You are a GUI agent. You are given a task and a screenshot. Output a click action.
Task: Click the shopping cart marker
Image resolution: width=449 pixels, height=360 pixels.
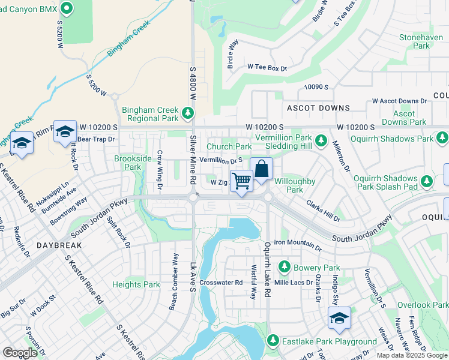coord(241,180)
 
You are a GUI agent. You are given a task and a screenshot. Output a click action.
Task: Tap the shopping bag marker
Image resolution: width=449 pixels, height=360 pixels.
coord(262,169)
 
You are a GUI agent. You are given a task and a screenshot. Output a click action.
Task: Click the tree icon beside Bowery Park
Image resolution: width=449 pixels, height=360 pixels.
coord(285,267)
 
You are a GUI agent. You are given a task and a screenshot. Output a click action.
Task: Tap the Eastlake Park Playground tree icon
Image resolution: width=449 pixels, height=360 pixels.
coord(273,341)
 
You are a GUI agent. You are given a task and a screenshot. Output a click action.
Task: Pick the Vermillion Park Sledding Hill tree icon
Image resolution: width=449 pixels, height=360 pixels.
coord(321,141)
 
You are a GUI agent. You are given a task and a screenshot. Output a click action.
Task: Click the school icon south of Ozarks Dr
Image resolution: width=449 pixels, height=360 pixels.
coord(339,318)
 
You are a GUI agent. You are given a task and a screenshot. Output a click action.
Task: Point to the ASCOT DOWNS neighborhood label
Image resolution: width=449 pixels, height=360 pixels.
coord(318,108)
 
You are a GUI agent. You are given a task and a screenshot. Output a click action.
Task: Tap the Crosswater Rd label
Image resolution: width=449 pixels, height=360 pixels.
coord(221,282)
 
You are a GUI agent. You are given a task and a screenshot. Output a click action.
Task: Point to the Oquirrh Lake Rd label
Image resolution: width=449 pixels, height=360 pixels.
coord(268,264)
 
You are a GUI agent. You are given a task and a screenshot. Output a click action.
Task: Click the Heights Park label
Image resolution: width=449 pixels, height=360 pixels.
coord(136,284)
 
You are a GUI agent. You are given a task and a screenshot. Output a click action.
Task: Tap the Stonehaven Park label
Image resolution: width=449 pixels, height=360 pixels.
coord(415,41)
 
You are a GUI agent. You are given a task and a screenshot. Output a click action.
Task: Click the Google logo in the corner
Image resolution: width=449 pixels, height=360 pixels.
coord(20,353)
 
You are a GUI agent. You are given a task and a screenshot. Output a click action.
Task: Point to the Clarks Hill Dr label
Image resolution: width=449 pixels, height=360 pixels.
coord(323,211)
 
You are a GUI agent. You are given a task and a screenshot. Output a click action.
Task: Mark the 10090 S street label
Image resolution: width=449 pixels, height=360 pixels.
coord(316,87)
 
